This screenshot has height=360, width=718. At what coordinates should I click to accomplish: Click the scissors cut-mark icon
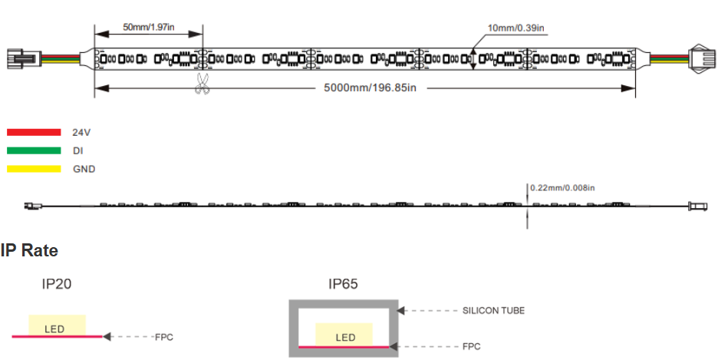[202, 84]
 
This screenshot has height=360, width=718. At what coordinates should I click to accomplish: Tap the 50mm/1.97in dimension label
[148, 27]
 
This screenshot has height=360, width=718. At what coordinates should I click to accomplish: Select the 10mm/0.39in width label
[515, 28]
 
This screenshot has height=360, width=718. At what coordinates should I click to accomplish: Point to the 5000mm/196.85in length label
[370, 88]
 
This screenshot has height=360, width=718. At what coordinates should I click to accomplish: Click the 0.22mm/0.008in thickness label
[562, 188]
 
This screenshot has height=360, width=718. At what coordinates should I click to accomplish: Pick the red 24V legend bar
[34, 132]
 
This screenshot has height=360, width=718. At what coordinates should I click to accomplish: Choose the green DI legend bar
[34, 150]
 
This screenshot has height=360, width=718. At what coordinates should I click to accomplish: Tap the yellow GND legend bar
[34, 169]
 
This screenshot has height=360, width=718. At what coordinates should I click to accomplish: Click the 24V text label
[81, 133]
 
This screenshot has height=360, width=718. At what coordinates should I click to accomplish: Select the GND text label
[84, 170]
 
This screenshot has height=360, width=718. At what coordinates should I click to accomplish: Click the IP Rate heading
[29, 251]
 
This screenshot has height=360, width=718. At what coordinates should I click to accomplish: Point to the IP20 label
[57, 285]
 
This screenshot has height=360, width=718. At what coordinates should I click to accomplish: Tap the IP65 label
[343, 285]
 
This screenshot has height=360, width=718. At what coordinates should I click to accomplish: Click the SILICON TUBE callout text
[494, 311]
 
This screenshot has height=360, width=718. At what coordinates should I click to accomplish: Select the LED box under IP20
[57, 325]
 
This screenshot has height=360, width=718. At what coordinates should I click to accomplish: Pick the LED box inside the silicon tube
[344, 335]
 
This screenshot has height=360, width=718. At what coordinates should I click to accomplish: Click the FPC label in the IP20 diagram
[164, 338]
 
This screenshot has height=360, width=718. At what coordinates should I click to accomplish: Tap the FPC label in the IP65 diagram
[472, 347]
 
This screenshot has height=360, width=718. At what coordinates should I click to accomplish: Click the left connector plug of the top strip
[25, 58]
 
